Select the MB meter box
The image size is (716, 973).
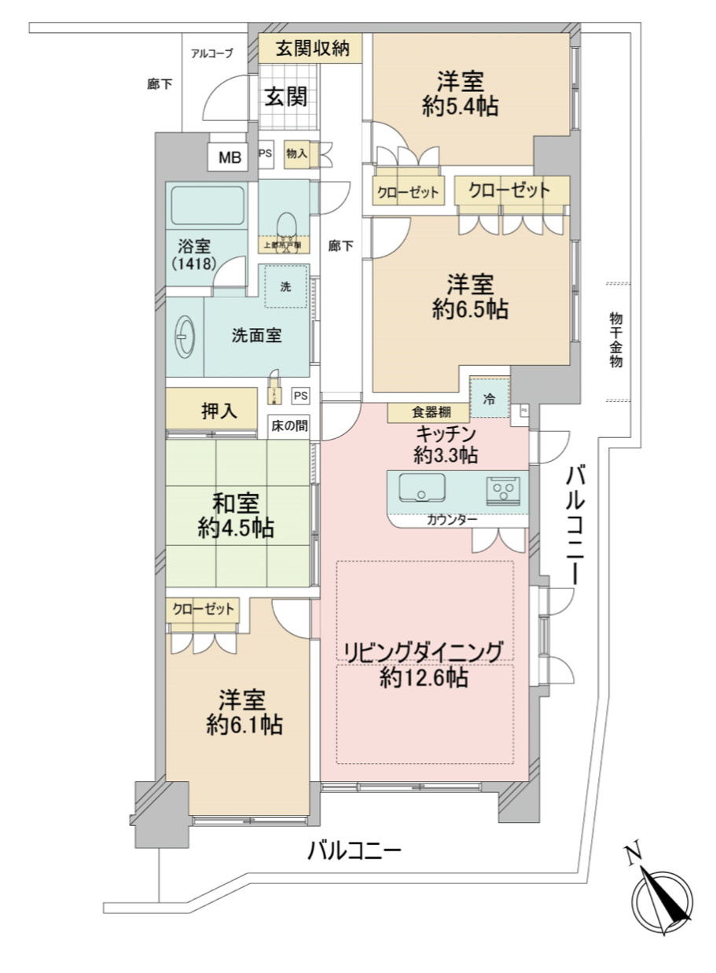point(229,157)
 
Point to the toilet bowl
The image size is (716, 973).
point(286,224)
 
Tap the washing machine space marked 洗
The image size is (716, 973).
point(286,286)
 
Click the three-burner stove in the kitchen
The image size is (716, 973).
point(502,490)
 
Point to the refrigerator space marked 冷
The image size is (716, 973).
point(490,399)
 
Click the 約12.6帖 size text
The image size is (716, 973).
point(424,677)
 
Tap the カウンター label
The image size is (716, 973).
point(452,520)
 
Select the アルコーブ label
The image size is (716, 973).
point(212,53)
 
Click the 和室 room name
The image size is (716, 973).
point(236,503)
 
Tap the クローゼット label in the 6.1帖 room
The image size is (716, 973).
point(204,609)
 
